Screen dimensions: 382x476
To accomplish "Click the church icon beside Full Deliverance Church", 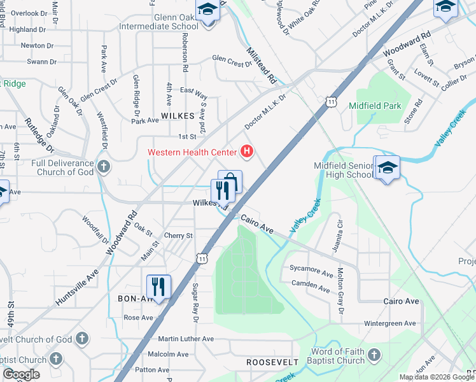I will pyautogui.click(x=104, y=167).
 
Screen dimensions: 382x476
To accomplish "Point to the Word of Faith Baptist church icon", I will pyautogui.click(x=374, y=354).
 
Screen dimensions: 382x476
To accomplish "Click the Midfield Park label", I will pyautogui.click(x=375, y=106).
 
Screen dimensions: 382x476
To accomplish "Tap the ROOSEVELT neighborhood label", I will pyautogui.click(x=272, y=362).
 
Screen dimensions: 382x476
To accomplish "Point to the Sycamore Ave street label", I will pyautogui.click(x=312, y=274).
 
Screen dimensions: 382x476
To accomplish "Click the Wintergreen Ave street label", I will pyautogui.click(x=389, y=323).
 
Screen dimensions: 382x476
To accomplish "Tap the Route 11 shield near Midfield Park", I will pyautogui.click(x=330, y=101).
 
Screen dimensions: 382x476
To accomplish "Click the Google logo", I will pyautogui.click(x=21, y=375).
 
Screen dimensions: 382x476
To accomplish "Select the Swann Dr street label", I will pyautogui.click(x=41, y=62).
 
